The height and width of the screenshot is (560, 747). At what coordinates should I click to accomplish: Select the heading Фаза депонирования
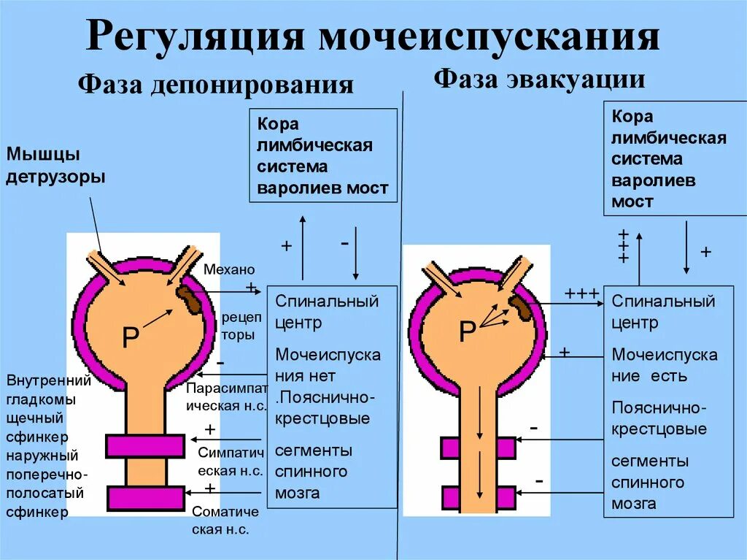pos(216,85)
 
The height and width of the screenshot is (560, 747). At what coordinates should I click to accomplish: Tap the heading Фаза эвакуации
pos(540,78)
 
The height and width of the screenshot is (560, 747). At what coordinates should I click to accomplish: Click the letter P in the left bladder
pos(131,337)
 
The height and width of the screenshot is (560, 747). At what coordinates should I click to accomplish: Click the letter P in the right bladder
pos(467,332)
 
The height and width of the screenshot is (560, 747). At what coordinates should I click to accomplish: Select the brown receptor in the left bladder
pos(190,300)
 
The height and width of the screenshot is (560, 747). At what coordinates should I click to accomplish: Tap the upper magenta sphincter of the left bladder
pos(145,445)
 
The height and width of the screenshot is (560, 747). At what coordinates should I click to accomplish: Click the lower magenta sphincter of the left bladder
pos(145,498)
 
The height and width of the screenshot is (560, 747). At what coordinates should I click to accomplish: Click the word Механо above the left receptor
pos(225,269)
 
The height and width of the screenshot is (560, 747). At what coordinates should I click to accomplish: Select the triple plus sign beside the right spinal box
pos(581,294)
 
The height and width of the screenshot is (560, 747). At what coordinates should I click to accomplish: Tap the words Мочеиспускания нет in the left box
pos(328,366)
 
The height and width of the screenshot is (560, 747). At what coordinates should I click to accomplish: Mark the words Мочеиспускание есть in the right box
pos(665,366)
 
